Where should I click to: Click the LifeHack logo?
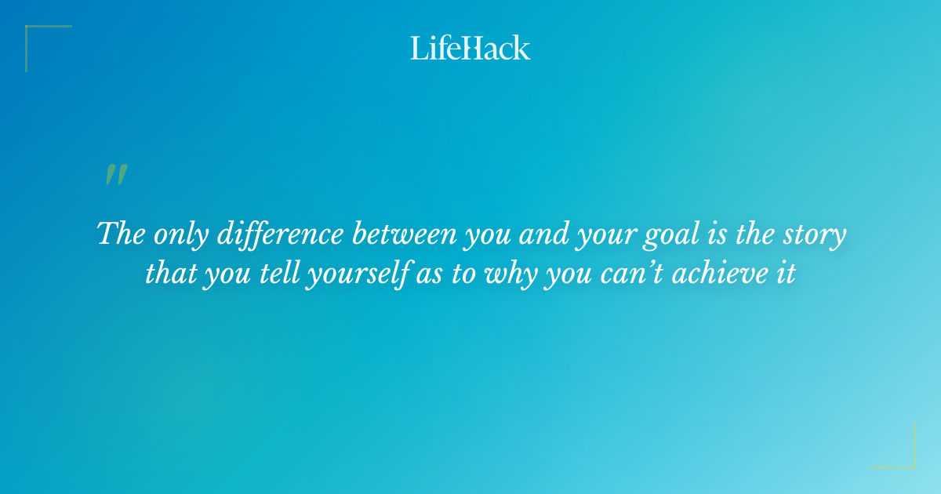(470, 48)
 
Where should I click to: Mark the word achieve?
(723, 274)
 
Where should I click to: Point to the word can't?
(635, 274)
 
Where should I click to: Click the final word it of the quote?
(787, 274)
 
